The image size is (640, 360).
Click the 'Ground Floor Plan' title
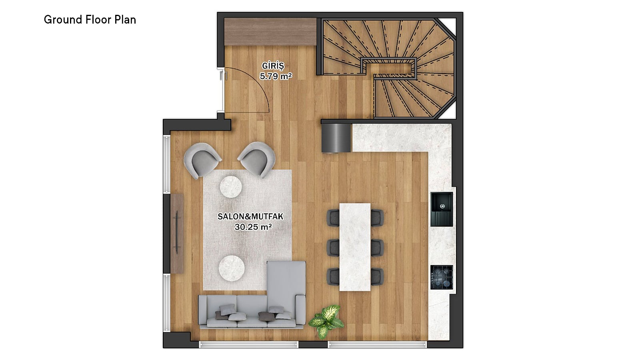click(90, 20)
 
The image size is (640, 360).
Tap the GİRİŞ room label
click(273, 66)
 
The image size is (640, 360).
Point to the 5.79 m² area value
click(276, 76)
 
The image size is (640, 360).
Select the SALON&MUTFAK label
click(250, 216)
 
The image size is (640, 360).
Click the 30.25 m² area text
click(253, 227)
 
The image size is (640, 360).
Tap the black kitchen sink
click(442, 210)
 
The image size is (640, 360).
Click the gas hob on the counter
click(442, 277)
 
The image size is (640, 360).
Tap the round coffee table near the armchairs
click(231, 187)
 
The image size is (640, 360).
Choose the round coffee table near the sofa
click(232, 268)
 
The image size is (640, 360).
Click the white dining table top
click(355, 247)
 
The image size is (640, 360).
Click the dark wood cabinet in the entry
click(270, 32)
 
